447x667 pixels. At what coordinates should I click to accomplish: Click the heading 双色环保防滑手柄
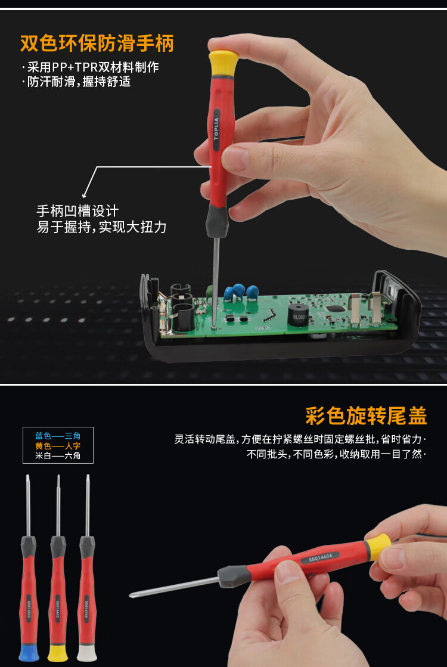(x=97, y=44)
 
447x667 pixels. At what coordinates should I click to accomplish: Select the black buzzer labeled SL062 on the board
(x=298, y=316)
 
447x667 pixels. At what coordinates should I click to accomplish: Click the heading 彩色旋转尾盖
(x=366, y=415)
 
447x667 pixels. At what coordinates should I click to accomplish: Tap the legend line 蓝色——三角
(x=58, y=436)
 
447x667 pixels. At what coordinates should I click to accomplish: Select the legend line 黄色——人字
(x=58, y=446)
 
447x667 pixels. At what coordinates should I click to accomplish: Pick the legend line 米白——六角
(x=58, y=455)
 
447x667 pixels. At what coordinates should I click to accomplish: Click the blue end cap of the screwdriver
(x=29, y=653)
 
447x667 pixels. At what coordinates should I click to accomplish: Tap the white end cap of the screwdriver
(x=87, y=653)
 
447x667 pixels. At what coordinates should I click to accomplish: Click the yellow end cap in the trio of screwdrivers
(x=58, y=653)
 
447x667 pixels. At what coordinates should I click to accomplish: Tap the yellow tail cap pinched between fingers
(x=378, y=546)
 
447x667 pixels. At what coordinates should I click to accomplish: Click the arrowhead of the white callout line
(x=84, y=194)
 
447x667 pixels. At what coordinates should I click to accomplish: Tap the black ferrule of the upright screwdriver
(x=217, y=221)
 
